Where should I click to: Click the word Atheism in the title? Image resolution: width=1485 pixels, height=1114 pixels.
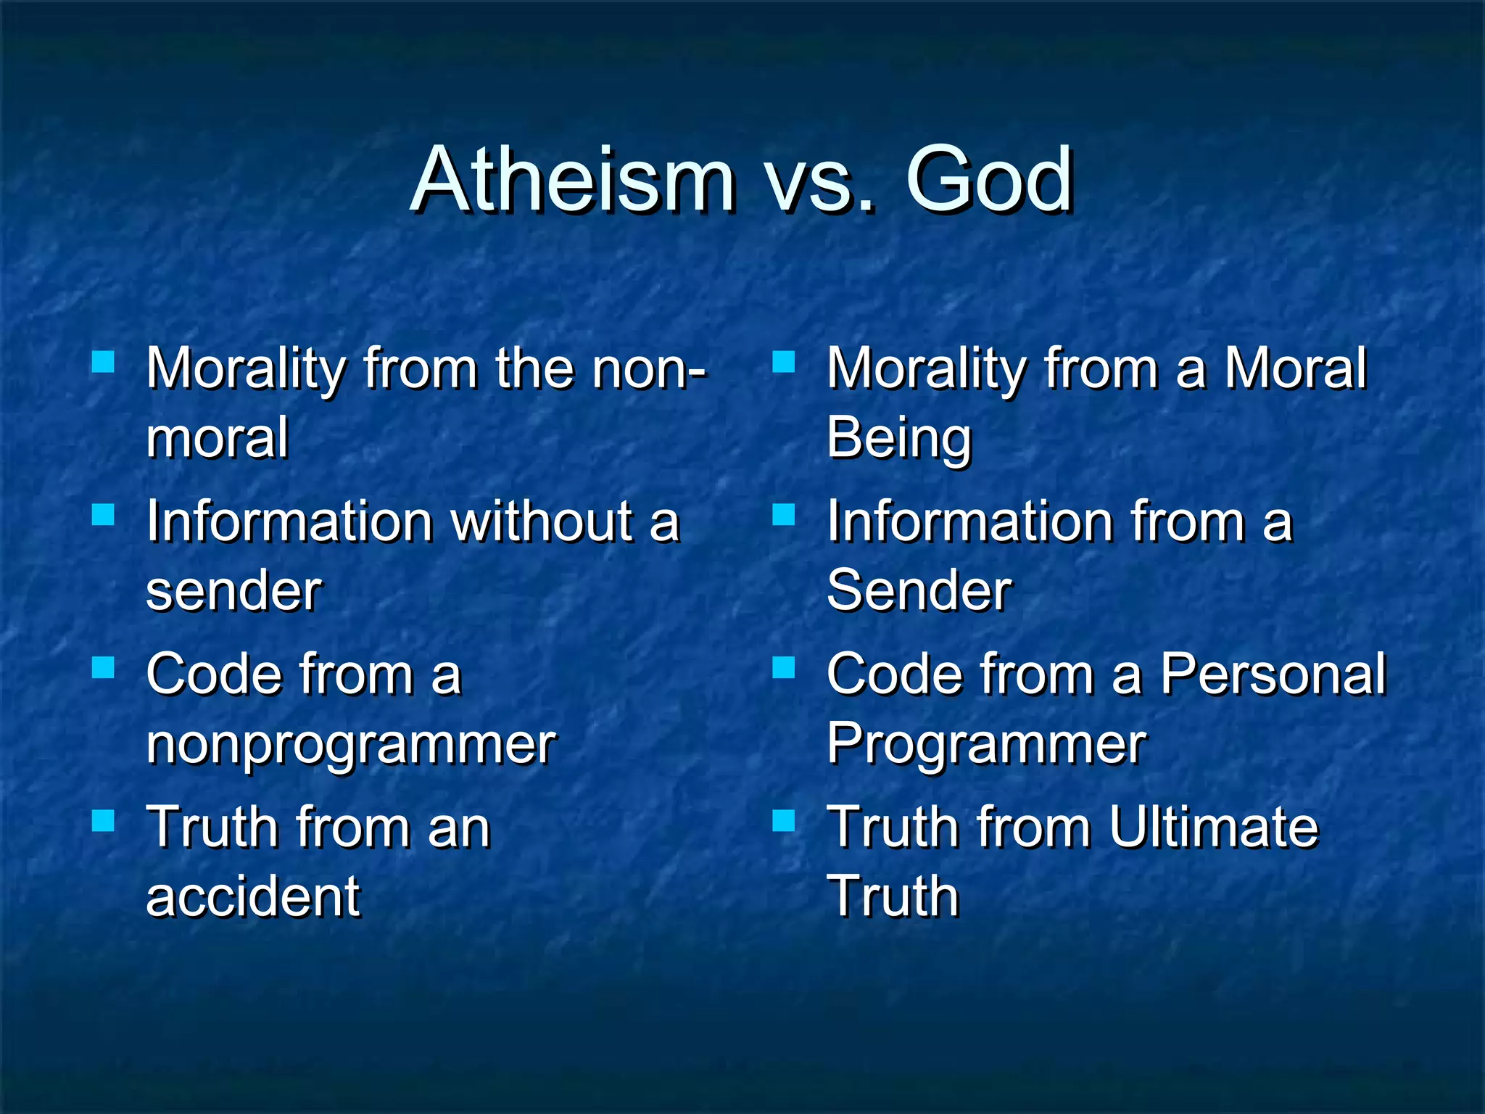click(x=573, y=179)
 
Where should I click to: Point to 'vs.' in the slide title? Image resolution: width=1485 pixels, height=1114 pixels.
click(x=819, y=185)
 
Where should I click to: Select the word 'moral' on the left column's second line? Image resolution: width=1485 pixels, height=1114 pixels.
click(x=218, y=438)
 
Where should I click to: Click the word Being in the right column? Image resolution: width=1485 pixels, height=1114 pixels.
click(x=899, y=440)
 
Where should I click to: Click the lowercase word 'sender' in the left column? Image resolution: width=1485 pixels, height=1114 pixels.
click(x=233, y=592)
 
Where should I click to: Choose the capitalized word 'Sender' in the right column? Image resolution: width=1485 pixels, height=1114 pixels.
click(x=919, y=590)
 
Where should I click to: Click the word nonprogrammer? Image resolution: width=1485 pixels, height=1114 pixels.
click(x=351, y=746)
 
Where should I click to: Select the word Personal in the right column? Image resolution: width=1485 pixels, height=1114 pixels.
click(x=1273, y=674)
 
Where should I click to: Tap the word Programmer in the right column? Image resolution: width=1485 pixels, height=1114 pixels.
click(x=986, y=744)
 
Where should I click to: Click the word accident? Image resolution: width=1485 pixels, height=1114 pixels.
click(x=252, y=897)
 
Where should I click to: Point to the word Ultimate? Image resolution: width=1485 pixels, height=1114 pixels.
click(x=1213, y=828)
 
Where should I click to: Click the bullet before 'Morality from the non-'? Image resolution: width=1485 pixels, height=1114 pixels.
click(x=104, y=361)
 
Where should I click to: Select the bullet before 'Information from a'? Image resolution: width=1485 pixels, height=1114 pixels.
click(x=784, y=514)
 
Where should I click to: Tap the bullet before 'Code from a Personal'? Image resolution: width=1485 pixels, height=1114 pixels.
click(x=784, y=667)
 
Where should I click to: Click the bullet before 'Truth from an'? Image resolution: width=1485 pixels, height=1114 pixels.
click(x=104, y=820)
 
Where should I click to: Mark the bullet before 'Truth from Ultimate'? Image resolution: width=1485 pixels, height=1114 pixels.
click(x=784, y=820)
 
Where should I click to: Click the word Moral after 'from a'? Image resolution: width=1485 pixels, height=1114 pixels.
click(x=1295, y=368)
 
